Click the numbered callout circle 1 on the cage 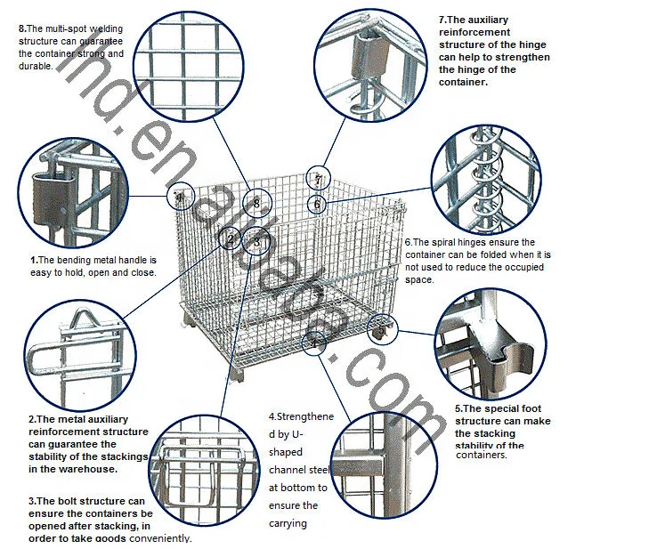coord(181,198)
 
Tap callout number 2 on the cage coord(231,238)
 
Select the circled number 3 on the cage coord(257,240)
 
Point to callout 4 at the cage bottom coord(313,343)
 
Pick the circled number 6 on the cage coord(317,204)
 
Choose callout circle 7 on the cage coord(317,179)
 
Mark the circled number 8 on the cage coord(256,204)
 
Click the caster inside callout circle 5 coord(381,331)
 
